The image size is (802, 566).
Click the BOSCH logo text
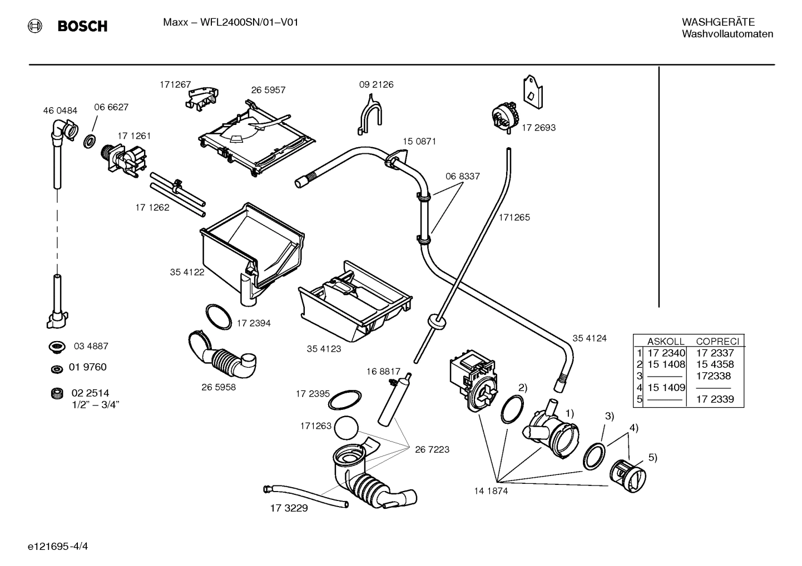click(x=82, y=26)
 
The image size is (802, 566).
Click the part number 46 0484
click(x=60, y=111)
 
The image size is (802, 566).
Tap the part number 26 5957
click(x=268, y=90)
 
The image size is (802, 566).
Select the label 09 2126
click(x=376, y=84)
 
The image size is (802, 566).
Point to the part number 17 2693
click(x=538, y=127)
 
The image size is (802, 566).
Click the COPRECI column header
click(x=717, y=342)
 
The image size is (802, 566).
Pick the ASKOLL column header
click(x=665, y=342)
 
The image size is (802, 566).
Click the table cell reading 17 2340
click(x=666, y=353)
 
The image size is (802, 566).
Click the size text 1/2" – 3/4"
click(x=96, y=404)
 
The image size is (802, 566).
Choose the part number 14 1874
click(x=491, y=491)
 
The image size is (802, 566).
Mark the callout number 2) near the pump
click(x=523, y=387)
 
